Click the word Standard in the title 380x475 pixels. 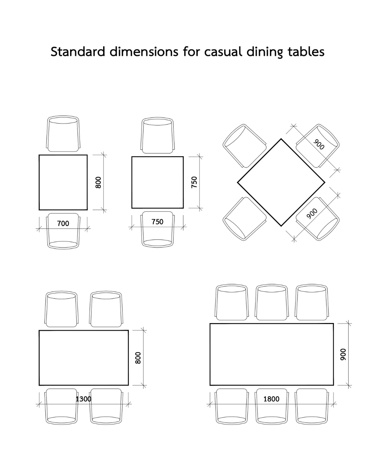78,52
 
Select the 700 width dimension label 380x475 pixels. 63,223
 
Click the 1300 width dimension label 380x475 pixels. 83,399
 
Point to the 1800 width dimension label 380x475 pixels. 271,399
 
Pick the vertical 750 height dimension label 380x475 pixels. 194,182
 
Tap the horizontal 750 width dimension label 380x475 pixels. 157,222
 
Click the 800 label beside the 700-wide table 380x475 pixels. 98,182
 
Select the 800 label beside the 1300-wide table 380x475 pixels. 138,358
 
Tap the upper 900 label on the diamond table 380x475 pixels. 319,144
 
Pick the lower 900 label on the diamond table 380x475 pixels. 312,214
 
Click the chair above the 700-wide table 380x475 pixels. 63,134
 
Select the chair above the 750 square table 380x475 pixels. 157,135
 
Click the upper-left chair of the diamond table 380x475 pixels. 245,146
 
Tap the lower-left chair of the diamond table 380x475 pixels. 245,219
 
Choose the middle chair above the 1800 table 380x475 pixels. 272,302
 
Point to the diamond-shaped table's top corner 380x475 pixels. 281,139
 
